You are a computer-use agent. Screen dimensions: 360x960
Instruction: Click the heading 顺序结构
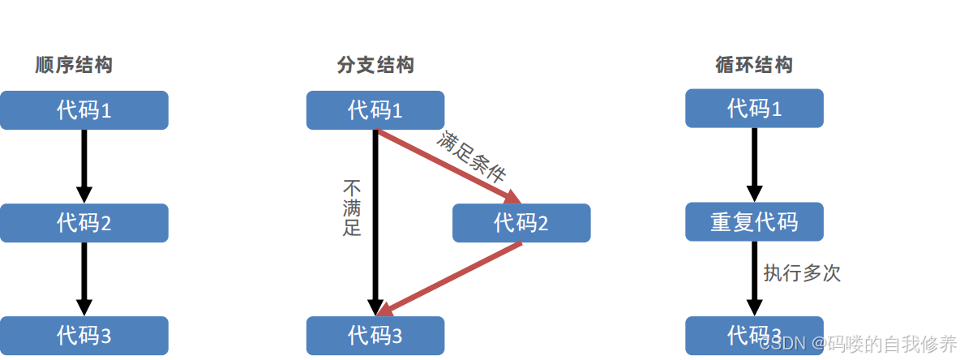click(x=74, y=66)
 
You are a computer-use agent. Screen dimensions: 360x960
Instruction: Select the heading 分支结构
click(x=375, y=66)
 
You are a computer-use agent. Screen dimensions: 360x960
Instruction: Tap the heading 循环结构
click(x=754, y=66)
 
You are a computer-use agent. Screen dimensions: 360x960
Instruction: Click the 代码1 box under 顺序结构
click(x=84, y=110)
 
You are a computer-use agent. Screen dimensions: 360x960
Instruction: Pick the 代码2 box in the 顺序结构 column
click(x=84, y=223)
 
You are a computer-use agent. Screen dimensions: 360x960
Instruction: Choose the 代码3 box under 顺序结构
click(x=84, y=335)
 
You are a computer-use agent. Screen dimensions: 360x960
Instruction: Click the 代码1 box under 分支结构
click(x=375, y=110)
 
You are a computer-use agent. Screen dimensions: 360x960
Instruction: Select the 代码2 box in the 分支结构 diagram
click(x=521, y=223)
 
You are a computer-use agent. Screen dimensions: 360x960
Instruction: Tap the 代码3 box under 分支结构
click(x=375, y=335)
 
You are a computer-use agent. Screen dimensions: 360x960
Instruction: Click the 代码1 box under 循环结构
click(x=754, y=109)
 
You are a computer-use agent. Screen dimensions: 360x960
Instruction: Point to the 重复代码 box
click(x=754, y=222)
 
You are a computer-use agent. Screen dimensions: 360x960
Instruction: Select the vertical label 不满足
click(x=352, y=208)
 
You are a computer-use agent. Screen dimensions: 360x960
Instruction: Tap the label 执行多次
click(x=802, y=273)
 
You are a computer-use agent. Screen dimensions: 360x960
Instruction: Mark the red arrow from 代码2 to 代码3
click(x=450, y=278)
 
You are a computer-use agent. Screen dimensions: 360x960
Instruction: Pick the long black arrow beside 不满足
click(x=375, y=219)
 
